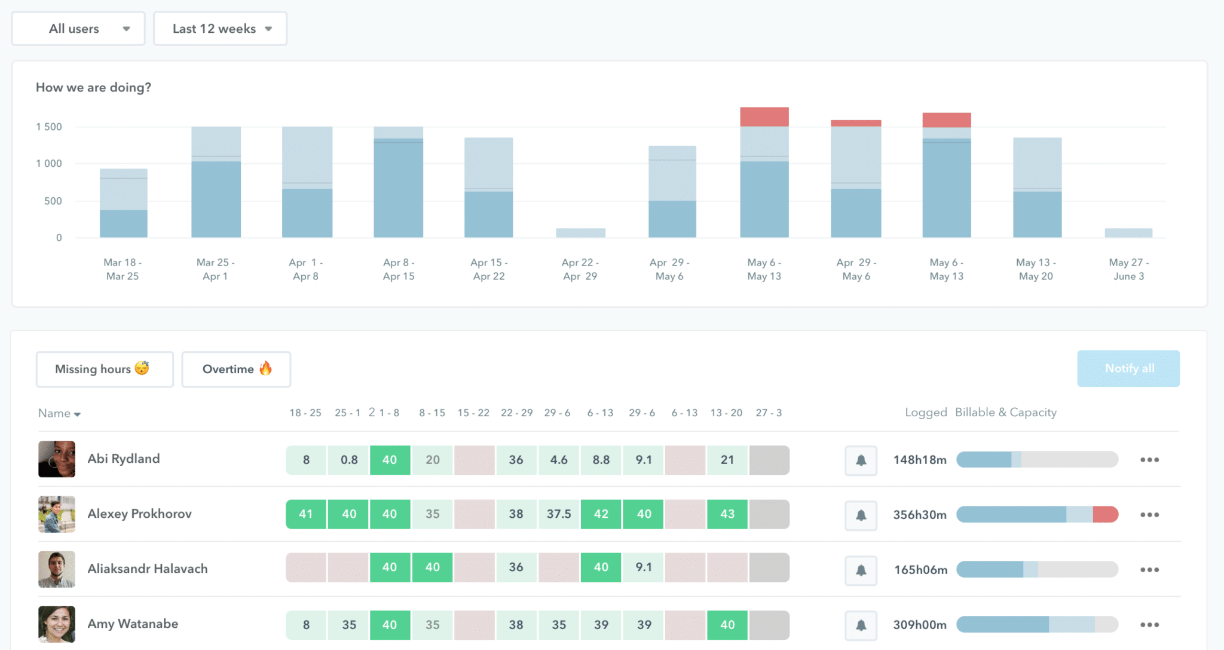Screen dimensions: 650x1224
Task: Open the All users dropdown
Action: click(78, 29)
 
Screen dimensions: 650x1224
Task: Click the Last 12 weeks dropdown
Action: click(220, 29)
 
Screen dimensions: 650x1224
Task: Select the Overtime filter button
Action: click(236, 369)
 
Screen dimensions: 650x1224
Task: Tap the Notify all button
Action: click(1128, 368)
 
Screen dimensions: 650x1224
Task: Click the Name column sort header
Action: click(59, 413)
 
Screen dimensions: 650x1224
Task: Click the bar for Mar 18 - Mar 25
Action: click(123, 203)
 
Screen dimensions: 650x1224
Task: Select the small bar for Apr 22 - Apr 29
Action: click(580, 233)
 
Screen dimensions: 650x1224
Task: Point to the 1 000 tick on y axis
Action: click(49, 163)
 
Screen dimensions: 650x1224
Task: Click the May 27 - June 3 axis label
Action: click(1128, 269)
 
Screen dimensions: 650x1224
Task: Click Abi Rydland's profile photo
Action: click(57, 459)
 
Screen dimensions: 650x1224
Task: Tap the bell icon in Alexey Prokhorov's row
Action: click(861, 515)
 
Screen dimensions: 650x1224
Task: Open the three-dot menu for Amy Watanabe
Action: click(1149, 624)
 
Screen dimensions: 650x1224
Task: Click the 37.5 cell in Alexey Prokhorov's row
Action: click(559, 514)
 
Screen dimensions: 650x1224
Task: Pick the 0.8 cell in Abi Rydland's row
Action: click(349, 460)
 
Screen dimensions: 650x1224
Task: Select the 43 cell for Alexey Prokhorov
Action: click(727, 514)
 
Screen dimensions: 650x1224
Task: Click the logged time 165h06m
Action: click(920, 570)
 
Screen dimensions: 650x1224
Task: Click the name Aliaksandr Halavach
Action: click(148, 569)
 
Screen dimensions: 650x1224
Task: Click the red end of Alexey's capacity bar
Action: click(1106, 514)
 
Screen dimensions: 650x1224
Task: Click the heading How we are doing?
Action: click(93, 87)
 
